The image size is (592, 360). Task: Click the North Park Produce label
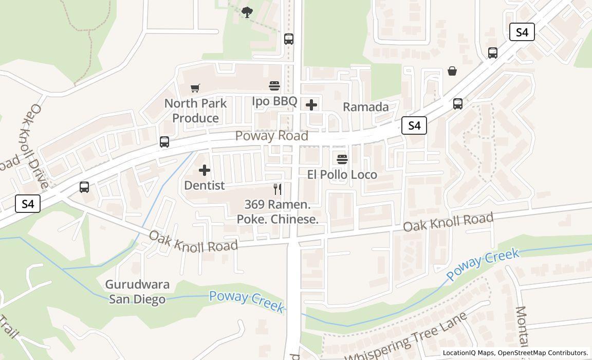pos(195,111)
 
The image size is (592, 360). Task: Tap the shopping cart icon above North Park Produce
pos(195,88)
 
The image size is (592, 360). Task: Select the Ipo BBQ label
pos(274,101)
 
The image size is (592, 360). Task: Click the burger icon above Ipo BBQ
pos(274,85)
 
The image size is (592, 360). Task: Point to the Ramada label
pos(365,107)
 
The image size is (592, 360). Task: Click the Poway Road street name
pos(272,136)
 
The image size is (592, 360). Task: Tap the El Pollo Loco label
pos(342,175)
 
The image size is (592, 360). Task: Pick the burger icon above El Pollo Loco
pos(342,159)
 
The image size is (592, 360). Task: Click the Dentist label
pos(205,185)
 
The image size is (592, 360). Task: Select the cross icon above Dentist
pos(205,170)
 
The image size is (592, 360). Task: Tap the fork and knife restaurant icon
pos(277,189)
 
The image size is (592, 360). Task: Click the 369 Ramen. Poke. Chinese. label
pos(277,212)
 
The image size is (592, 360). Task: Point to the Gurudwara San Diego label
pos(137,292)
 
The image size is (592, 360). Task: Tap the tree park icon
pos(247,12)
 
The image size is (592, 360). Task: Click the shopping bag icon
pos(452,71)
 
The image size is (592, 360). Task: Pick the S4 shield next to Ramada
pos(414,125)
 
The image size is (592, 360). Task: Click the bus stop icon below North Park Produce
pos(164,142)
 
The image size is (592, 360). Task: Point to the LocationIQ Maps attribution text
pos(515,353)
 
